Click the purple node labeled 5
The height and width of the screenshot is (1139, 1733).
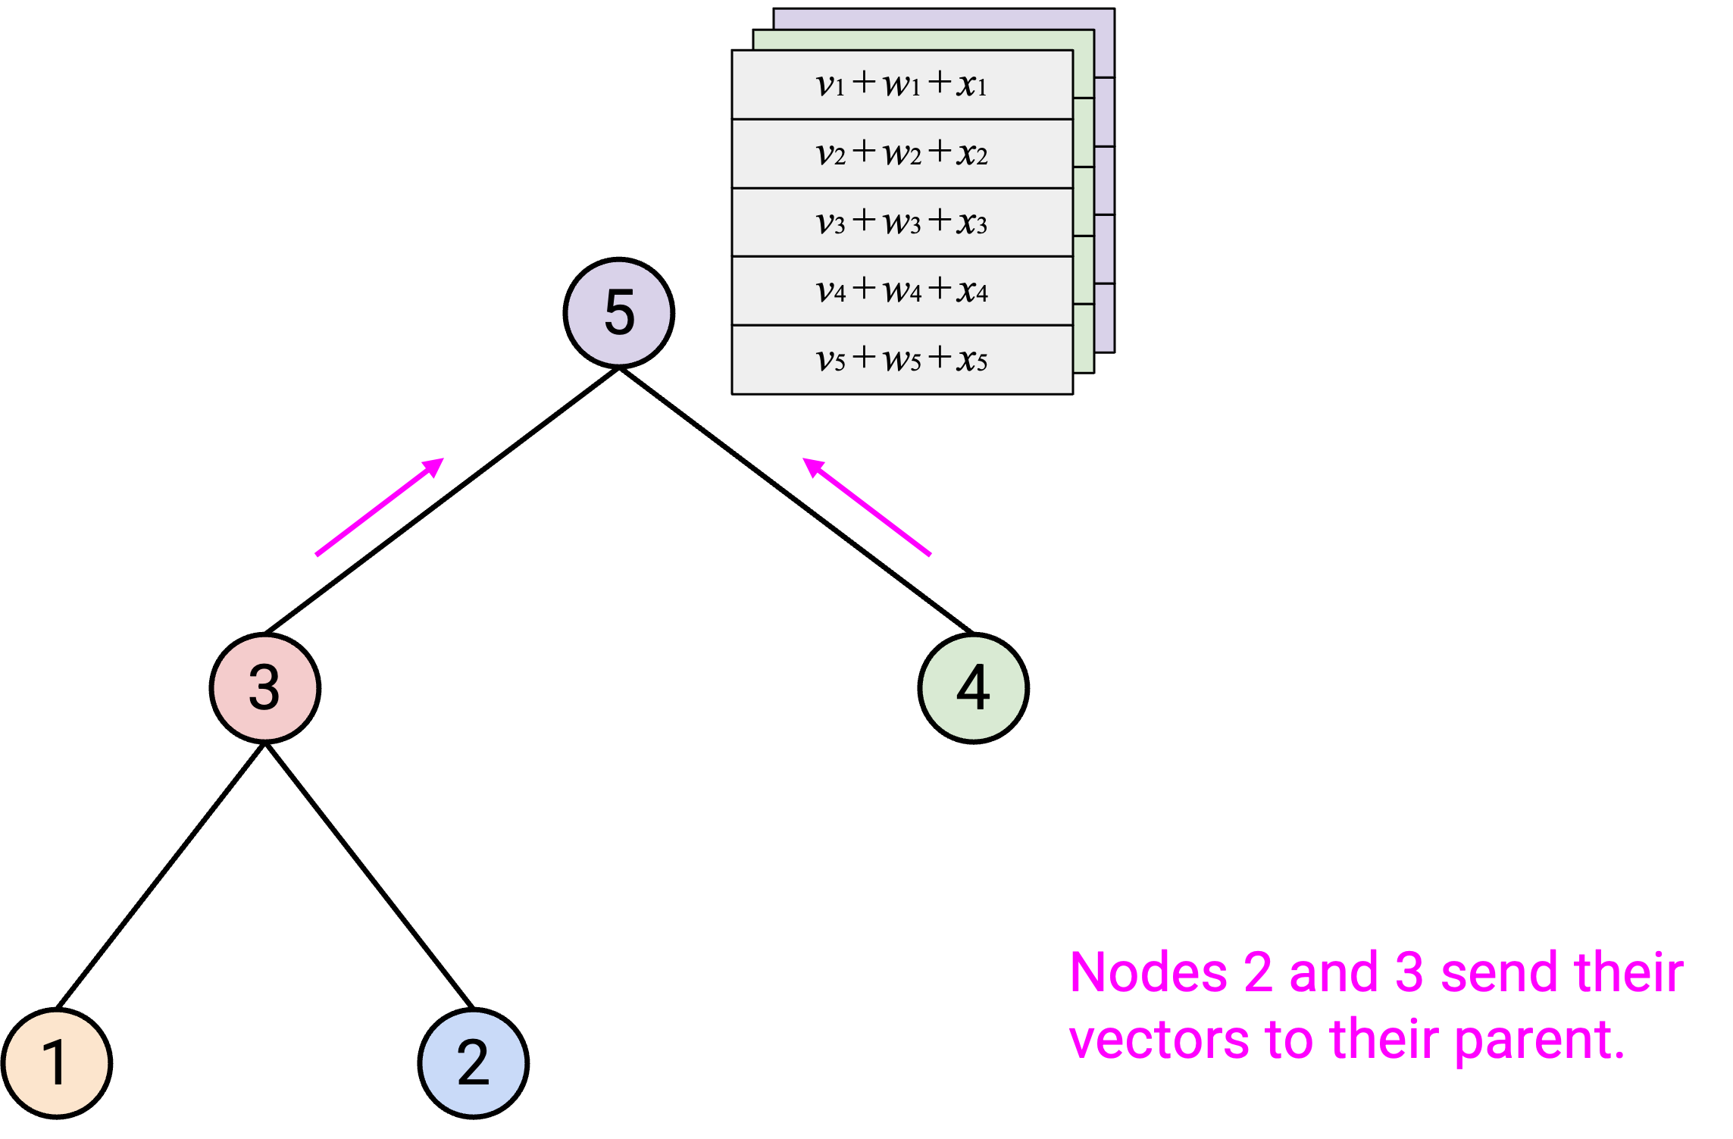click(619, 313)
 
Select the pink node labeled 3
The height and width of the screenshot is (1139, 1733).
click(265, 688)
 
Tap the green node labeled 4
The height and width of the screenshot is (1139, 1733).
click(974, 688)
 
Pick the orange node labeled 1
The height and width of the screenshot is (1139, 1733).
click(57, 1063)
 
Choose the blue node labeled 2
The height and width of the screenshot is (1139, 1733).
click(474, 1063)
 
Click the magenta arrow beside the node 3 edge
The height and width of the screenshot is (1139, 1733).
click(380, 507)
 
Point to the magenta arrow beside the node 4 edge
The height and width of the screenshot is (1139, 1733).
click(867, 507)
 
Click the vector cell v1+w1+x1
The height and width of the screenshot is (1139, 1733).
click(902, 85)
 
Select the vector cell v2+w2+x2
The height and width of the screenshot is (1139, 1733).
click(902, 154)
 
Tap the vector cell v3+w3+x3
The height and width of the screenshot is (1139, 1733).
click(902, 222)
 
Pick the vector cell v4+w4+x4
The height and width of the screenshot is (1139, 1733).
click(902, 291)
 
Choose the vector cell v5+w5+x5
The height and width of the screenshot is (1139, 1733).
click(902, 360)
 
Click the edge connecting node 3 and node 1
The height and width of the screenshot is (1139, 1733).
click(161, 876)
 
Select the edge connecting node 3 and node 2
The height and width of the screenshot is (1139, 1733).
click(370, 876)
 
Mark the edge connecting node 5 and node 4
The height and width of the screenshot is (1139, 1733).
click(796, 500)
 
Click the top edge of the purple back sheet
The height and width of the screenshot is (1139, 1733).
click(944, 9)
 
